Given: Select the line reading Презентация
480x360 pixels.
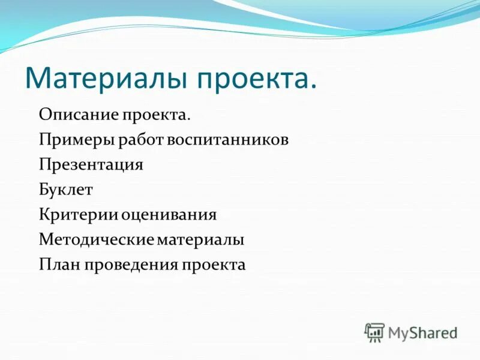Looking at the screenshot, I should [x=91, y=165].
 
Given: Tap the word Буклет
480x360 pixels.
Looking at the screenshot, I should [x=66, y=190].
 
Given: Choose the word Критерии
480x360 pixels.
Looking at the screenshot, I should [x=79, y=215].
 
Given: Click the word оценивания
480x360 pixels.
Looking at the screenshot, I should [x=169, y=215].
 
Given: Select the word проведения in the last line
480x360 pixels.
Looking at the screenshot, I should [x=132, y=265].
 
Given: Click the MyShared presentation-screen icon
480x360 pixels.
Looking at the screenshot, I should [x=374, y=332].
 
